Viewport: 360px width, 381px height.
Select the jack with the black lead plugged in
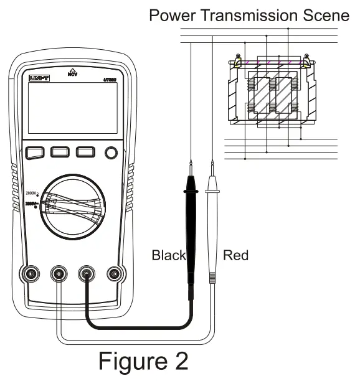(x=86, y=273)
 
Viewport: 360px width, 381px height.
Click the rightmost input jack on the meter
(x=113, y=273)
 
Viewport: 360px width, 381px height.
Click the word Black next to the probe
(x=169, y=255)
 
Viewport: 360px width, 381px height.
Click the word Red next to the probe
(x=235, y=255)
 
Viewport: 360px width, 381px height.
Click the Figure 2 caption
(x=143, y=360)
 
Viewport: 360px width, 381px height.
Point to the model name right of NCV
(x=111, y=78)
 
